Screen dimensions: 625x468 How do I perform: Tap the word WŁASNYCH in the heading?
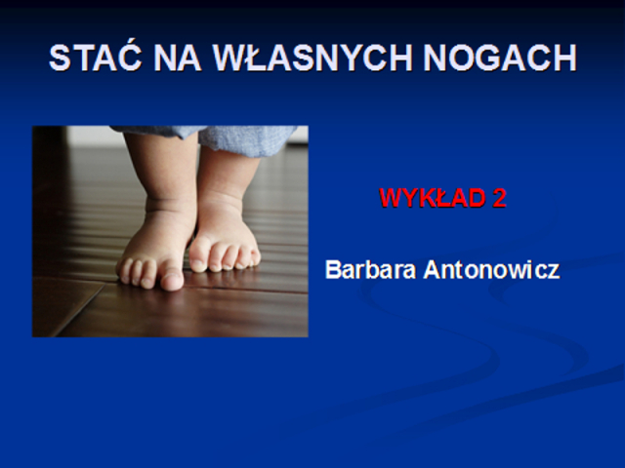(312, 58)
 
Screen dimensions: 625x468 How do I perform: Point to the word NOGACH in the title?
(500, 58)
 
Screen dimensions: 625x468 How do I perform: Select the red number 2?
(499, 198)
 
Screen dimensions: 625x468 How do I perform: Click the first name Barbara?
(371, 270)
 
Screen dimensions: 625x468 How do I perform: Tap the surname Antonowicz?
(491, 270)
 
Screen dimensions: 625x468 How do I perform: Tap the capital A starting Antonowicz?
(432, 270)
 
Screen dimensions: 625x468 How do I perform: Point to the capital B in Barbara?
(332, 270)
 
